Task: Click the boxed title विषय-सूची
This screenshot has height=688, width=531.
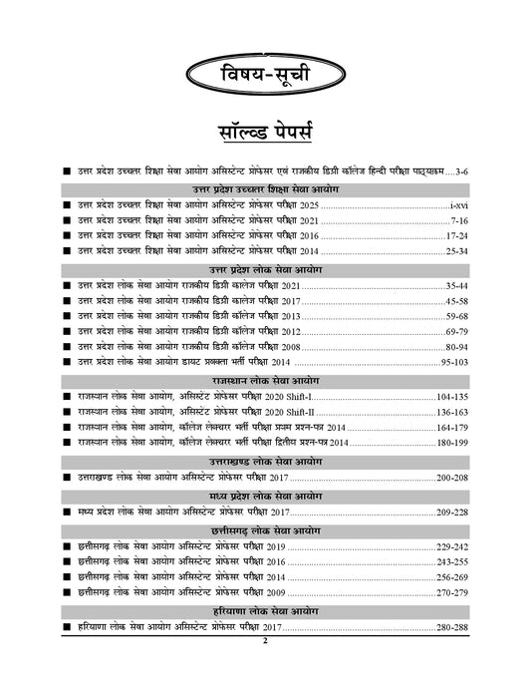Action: click(265, 76)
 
